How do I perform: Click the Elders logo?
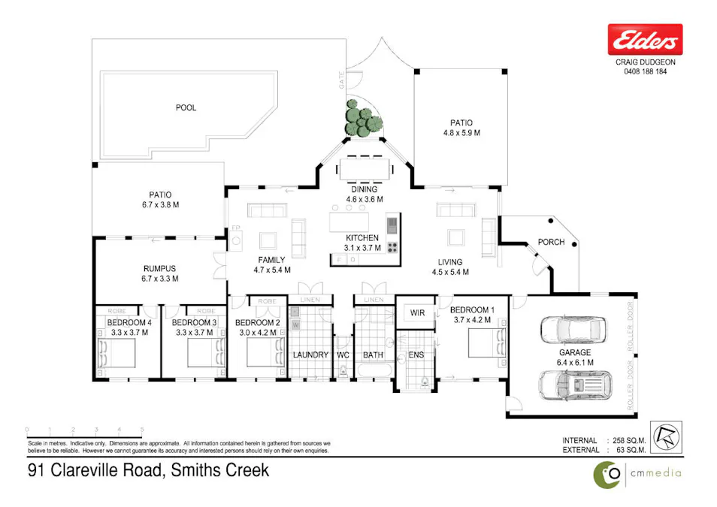pyautogui.click(x=645, y=39)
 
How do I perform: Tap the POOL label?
pyautogui.click(x=186, y=107)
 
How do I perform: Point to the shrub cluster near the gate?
pyautogui.click(x=362, y=119)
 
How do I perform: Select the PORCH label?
pyautogui.click(x=552, y=243)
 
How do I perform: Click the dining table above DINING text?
pyautogui.click(x=365, y=168)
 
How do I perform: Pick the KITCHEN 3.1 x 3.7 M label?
pyautogui.click(x=362, y=243)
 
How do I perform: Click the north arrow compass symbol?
pyautogui.click(x=663, y=435)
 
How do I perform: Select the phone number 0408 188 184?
pyautogui.click(x=645, y=72)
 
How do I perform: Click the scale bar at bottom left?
pyautogui.click(x=84, y=431)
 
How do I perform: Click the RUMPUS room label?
pyautogui.click(x=159, y=273)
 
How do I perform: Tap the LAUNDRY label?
pyautogui.click(x=310, y=355)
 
